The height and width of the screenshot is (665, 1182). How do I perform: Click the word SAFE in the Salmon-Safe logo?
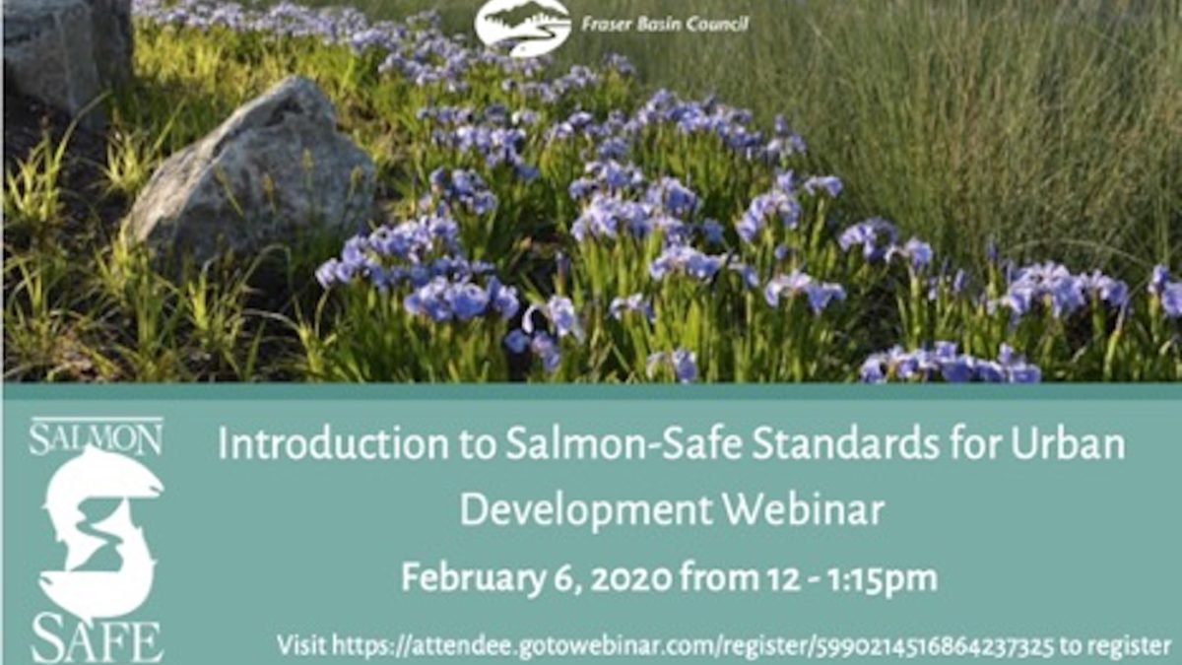coord(97,641)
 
